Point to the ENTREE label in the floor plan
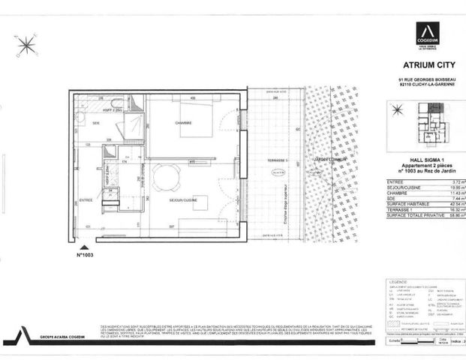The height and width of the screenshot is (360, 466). [x=86, y=200]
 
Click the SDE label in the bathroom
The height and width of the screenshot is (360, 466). [x=97, y=123]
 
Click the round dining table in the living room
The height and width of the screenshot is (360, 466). [x=167, y=178]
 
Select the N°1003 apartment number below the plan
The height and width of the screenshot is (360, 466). [x=89, y=255]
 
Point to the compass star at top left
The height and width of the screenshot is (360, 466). [x=26, y=45]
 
